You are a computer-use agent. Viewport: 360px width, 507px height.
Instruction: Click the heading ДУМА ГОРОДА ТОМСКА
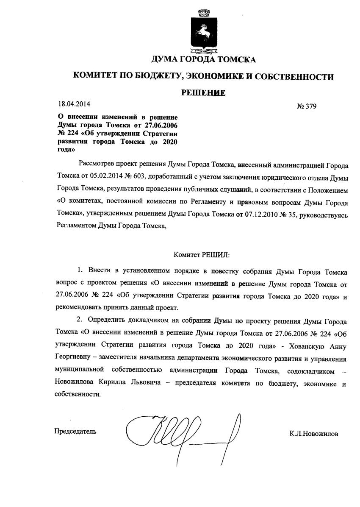[x=203, y=59]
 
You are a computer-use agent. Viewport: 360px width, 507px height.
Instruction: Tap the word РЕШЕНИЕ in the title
[x=203, y=93]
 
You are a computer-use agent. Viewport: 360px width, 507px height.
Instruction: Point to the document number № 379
[x=307, y=106]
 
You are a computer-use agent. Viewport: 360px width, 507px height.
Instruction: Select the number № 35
[x=288, y=215]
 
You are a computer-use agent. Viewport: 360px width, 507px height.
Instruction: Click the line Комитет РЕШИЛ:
[x=201, y=255]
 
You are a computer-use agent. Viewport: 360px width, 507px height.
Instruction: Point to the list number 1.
[x=80, y=270]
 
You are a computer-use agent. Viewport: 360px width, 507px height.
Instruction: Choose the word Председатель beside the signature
[x=75, y=432]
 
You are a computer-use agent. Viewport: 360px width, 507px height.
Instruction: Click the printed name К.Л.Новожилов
[x=314, y=434]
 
